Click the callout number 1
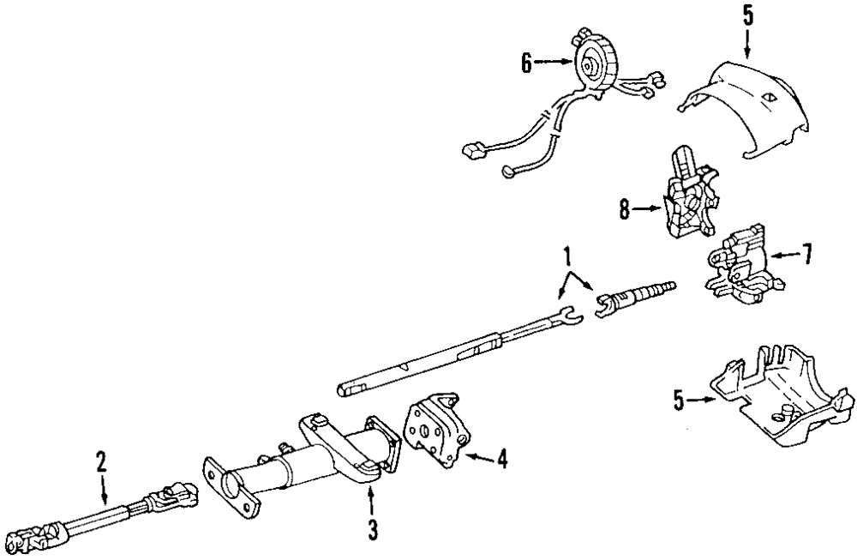tap(566, 255)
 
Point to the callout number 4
tap(502, 460)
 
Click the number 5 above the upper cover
tap(746, 15)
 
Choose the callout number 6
tap(526, 61)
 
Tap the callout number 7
tap(806, 254)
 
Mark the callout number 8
tap(626, 208)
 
